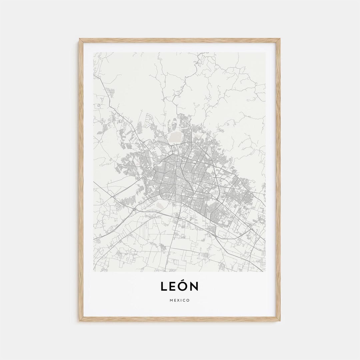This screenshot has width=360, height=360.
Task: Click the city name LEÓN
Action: (x=180, y=286)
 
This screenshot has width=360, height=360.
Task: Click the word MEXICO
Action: (x=180, y=300)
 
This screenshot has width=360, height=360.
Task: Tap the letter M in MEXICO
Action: (x=171, y=300)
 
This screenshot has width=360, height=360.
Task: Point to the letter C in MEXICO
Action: (x=184, y=300)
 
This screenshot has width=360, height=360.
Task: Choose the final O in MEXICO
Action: (x=188, y=300)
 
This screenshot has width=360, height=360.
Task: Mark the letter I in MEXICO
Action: (x=181, y=300)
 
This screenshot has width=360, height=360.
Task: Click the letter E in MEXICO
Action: (x=175, y=300)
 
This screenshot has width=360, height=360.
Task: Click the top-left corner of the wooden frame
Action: (x=79, y=39)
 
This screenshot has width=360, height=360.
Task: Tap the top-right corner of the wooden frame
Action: (x=280, y=39)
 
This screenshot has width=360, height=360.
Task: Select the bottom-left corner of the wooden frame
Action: (x=79, y=321)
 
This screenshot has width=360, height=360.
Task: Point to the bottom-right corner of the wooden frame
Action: (x=280, y=321)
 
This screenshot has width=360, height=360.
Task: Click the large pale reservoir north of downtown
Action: (x=174, y=137)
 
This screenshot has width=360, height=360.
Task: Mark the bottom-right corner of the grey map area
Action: (x=265, y=271)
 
